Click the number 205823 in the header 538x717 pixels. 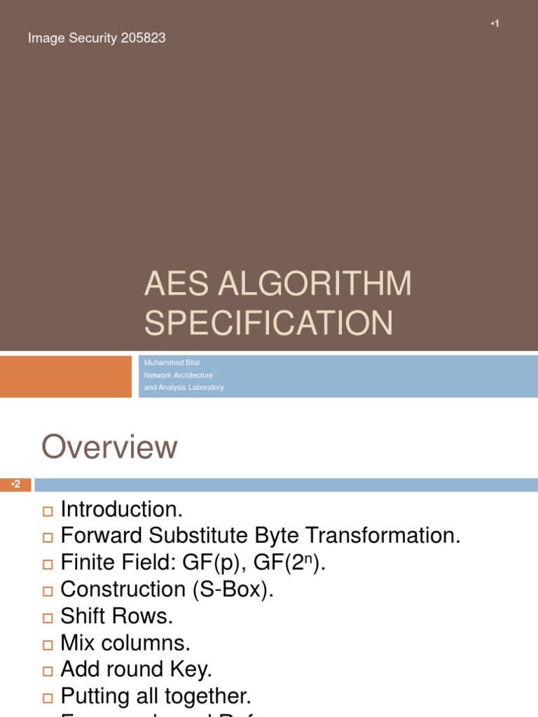[143, 39]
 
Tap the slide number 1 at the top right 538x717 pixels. [496, 24]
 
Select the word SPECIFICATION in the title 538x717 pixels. [268, 323]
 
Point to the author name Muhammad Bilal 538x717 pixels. [172, 363]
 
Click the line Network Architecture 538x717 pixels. [179, 375]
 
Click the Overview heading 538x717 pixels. [109, 447]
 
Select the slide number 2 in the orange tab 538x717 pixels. [17, 484]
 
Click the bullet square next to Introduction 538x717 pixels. [48, 511]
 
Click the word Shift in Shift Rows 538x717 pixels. [83, 616]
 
